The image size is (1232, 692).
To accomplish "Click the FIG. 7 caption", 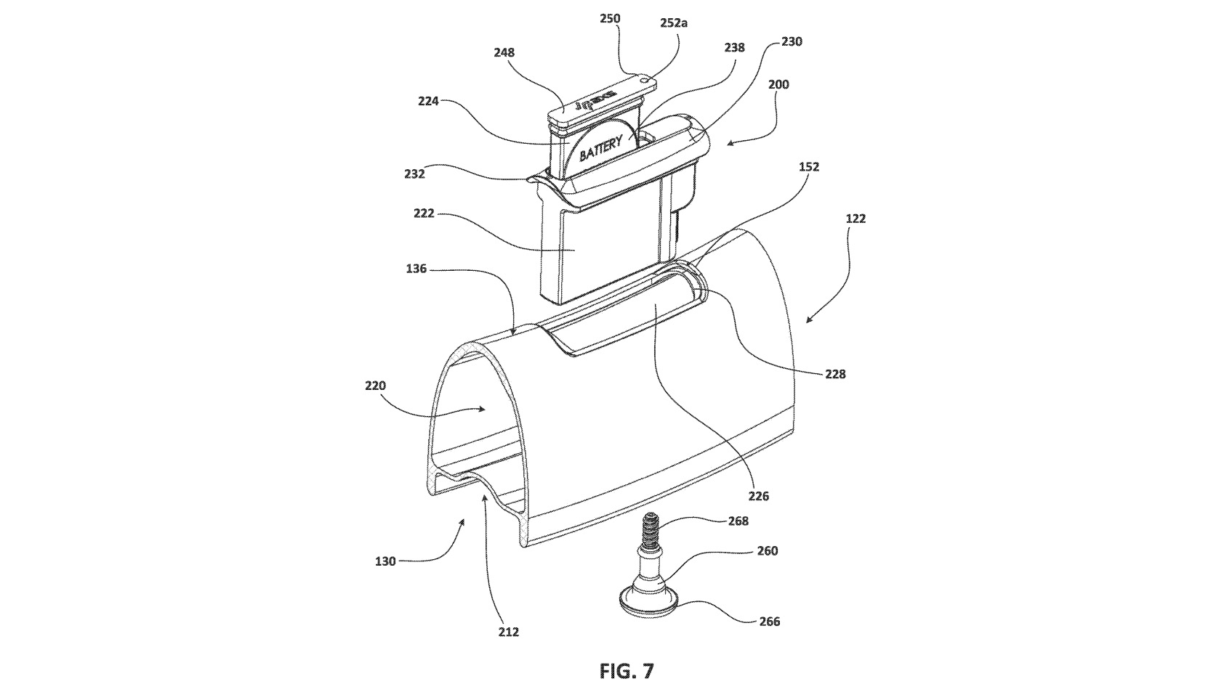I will click(x=626, y=671).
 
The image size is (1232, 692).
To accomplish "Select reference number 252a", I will click(x=673, y=23).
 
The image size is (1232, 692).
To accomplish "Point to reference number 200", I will click(x=778, y=84).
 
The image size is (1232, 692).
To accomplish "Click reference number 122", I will click(x=855, y=218).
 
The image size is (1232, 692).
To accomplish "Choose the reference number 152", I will click(x=808, y=166).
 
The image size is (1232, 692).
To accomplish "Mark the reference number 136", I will click(x=416, y=269).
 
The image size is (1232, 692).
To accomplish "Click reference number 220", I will click(x=375, y=386).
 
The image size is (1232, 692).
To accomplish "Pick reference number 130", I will click(x=385, y=561).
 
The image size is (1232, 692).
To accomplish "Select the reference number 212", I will click(x=508, y=632).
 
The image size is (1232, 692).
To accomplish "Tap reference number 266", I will click(x=769, y=621).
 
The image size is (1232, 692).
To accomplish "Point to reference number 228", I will click(x=835, y=374).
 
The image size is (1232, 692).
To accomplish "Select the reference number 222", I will click(x=424, y=213).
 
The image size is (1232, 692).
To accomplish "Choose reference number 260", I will click(x=767, y=550).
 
